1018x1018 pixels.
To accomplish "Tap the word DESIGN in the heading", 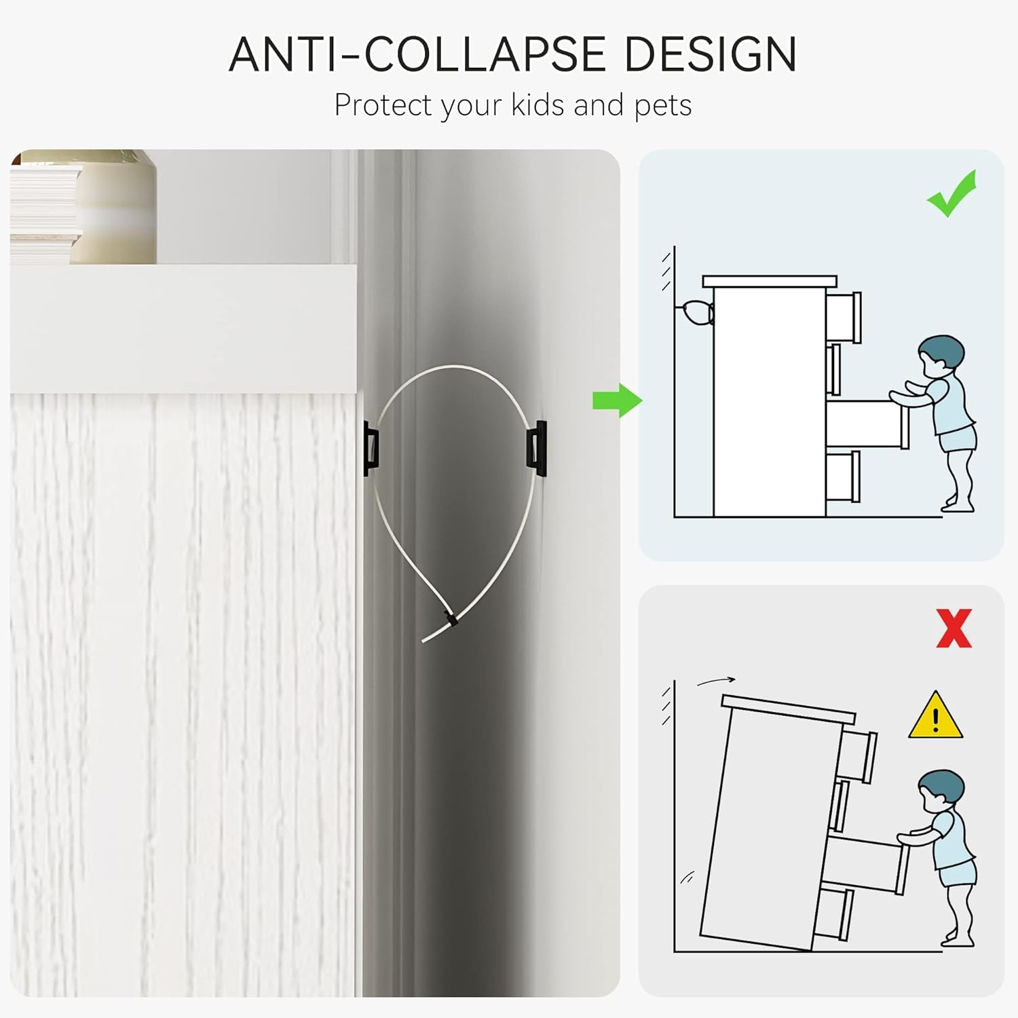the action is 710,54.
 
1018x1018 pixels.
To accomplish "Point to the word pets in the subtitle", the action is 663,107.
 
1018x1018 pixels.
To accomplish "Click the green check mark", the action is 951,193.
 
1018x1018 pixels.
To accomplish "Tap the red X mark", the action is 954,628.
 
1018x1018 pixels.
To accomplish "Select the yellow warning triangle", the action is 935,715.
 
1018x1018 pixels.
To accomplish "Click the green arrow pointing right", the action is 617,400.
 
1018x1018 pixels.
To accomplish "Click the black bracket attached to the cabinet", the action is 371,448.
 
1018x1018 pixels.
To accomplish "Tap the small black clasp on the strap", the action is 449,618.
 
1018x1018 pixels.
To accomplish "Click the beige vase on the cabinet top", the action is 113,207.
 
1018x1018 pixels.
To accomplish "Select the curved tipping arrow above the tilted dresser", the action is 716,681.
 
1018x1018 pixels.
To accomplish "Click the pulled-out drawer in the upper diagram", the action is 867,424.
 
